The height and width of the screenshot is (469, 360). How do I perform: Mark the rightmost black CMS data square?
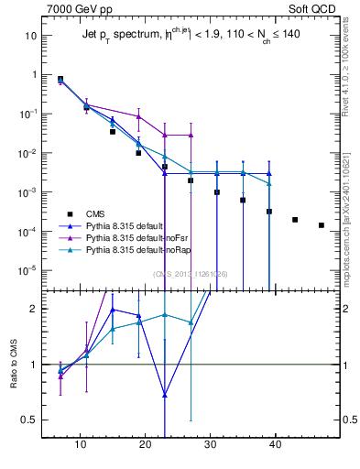click(x=321, y=225)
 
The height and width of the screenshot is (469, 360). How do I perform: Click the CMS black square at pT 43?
click(x=295, y=220)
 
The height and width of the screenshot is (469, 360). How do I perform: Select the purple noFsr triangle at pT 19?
click(x=138, y=116)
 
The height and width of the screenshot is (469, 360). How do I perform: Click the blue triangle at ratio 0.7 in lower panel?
click(x=164, y=396)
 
